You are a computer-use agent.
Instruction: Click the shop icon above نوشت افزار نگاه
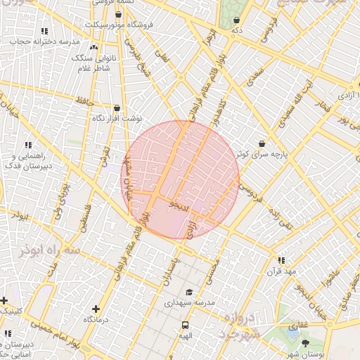click(117, 108)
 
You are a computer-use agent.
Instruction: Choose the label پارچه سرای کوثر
click(261, 153)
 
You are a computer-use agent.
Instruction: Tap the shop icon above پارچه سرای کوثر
click(262, 143)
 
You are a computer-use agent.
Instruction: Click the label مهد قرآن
click(281, 270)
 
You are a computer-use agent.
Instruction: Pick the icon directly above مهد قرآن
click(281, 259)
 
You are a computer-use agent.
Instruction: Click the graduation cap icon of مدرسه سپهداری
click(188, 292)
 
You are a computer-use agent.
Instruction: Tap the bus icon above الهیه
click(185, 325)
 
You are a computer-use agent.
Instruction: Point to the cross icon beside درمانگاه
click(96, 309)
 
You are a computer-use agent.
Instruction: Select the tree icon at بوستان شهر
click(305, 342)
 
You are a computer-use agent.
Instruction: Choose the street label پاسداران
click(167, 273)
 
